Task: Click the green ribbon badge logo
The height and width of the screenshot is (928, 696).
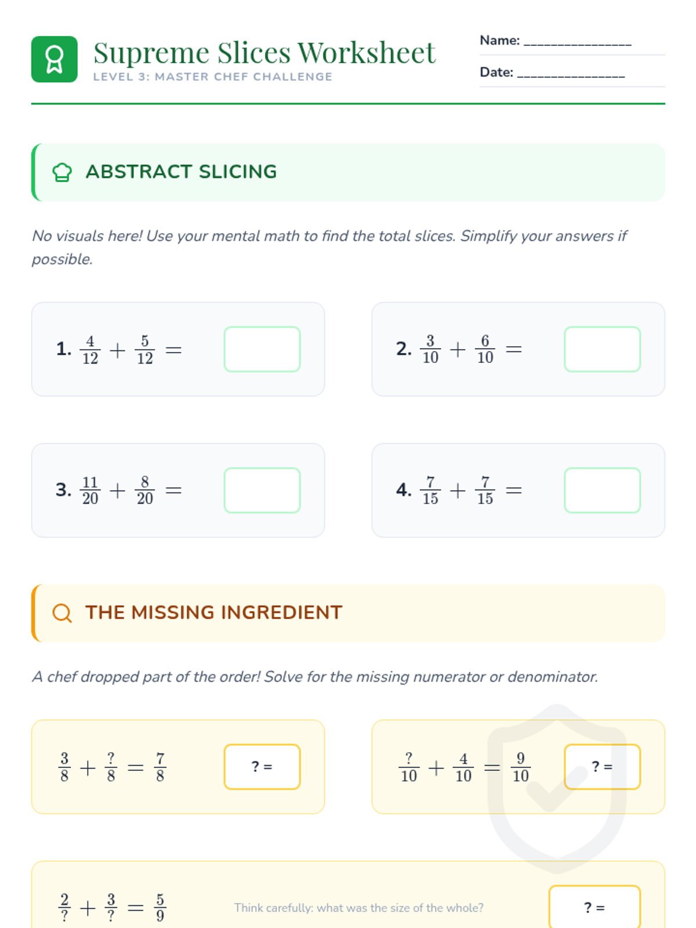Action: click(x=54, y=59)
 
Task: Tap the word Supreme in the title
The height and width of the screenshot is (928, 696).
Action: click(x=151, y=54)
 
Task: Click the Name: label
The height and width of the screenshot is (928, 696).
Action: click(x=499, y=40)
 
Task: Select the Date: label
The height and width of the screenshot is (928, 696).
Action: click(x=496, y=72)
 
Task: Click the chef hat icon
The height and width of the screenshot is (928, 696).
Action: click(x=62, y=172)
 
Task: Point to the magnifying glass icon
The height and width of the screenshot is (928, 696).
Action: click(x=62, y=612)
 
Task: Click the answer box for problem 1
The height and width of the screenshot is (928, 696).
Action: click(x=262, y=349)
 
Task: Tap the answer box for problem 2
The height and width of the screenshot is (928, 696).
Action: click(x=602, y=349)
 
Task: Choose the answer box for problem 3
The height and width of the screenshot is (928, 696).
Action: click(x=262, y=491)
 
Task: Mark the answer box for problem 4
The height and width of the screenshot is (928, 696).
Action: click(x=602, y=491)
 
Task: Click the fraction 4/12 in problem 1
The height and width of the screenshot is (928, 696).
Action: click(x=90, y=350)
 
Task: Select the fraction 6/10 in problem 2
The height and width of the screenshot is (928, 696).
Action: click(x=485, y=349)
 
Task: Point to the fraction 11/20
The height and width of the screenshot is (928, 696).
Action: click(x=90, y=491)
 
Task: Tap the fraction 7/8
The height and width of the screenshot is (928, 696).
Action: click(x=160, y=767)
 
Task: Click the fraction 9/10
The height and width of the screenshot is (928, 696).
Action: click(x=521, y=767)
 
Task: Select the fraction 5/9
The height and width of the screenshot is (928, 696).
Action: click(x=160, y=908)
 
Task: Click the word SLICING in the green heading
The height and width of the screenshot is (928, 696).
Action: click(x=238, y=172)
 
